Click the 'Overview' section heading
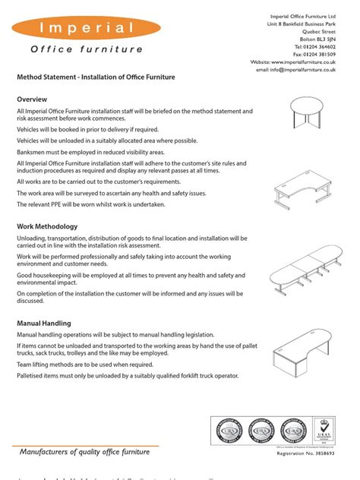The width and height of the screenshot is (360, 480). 33,99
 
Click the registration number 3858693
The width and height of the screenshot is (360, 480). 339,462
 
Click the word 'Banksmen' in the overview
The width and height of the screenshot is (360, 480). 33,151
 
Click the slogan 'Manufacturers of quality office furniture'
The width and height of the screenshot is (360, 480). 85,452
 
